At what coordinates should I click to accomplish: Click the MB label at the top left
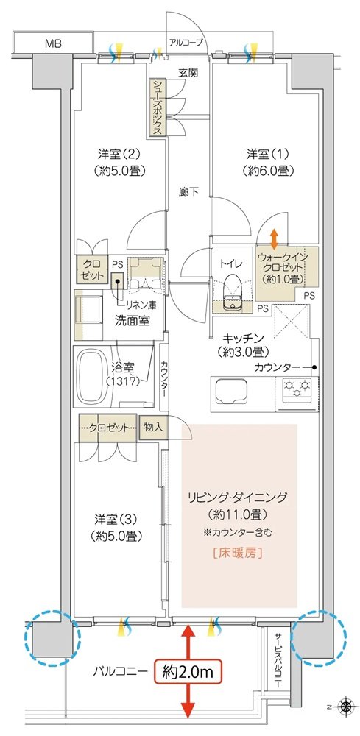pyautogui.click(x=53, y=44)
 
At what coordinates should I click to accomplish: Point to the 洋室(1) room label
pyautogui.click(x=268, y=162)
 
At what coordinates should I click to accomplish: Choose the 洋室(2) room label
pyautogui.click(x=119, y=161)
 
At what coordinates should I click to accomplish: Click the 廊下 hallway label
pyautogui.click(x=188, y=191)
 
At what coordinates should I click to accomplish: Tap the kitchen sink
pyautogui.click(x=232, y=392)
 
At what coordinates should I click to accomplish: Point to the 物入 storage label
pyautogui.click(x=153, y=427)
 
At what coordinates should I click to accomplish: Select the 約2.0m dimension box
pyautogui.click(x=188, y=673)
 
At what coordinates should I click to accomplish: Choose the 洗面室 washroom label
pyautogui.click(x=132, y=321)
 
